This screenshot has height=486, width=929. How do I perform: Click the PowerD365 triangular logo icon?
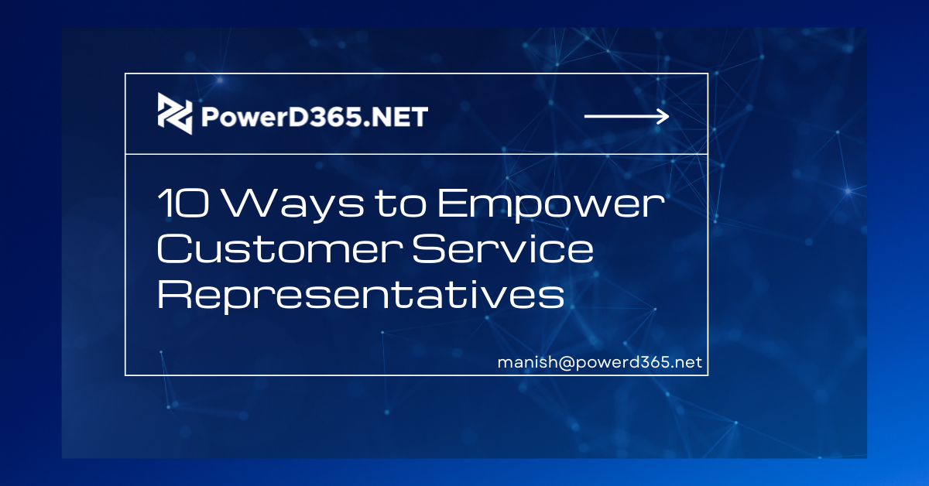[175, 113]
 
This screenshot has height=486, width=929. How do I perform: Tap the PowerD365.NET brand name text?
[314, 117]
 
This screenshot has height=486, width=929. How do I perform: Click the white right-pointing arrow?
[626, 117]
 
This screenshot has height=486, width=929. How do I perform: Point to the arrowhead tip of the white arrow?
[669, 117]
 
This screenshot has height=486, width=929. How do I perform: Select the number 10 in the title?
[183, 204]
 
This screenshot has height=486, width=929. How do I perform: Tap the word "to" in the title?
[401, 204]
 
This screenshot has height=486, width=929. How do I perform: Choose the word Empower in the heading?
[551, 206]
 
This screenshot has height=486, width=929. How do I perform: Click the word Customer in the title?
[279, 248]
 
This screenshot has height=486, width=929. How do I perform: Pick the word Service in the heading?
[503, 248]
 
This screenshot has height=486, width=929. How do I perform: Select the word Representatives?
[361, 296]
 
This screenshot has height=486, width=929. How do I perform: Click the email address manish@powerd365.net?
[600, 362]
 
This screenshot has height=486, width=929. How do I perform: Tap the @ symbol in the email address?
[567, 363]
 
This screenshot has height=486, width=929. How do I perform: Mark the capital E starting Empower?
[451, 204]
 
